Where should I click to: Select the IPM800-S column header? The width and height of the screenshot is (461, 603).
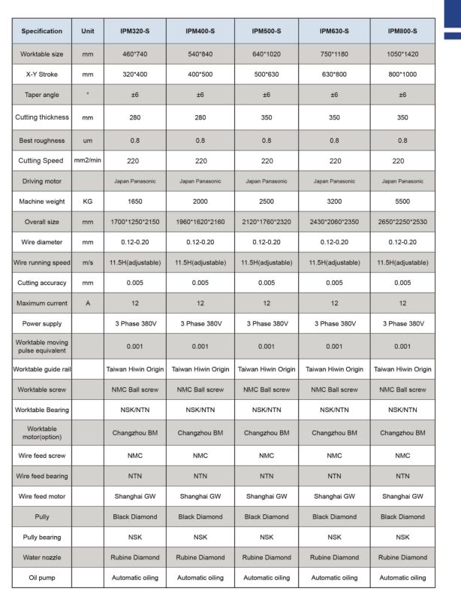tap(402, 32)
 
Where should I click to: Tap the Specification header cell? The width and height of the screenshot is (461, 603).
tap(41, 32)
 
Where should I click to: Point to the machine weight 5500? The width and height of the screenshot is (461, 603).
tap(402, 202)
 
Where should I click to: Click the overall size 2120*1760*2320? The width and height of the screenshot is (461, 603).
tap(267, 223)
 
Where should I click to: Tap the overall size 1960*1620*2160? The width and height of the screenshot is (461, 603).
tap(200, 223)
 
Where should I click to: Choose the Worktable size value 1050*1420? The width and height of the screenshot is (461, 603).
tap(402, 54)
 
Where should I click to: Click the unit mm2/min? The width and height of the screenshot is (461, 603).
tap(87, 160)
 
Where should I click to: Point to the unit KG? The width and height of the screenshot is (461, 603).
tap(87, 202)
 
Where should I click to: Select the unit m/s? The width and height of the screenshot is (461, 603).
tap(87, 262)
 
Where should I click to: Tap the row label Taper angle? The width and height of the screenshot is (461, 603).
tap(41, 95)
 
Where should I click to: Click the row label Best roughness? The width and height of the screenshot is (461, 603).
tap(41, 140)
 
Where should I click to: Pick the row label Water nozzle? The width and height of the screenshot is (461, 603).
tap(41, 557)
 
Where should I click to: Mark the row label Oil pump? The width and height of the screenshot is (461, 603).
tap(41, 577)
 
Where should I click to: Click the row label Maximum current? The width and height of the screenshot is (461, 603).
tap(41, 303)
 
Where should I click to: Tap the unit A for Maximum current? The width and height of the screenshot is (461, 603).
tap(87, 303)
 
